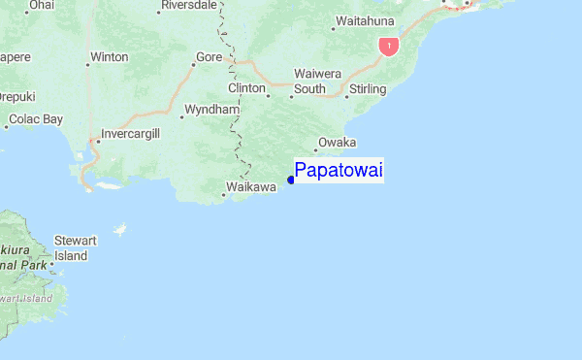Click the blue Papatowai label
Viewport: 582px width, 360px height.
tap(339, 171)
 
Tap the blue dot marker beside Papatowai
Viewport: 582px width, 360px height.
tap(291, 180)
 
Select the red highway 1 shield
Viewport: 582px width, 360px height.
tap(388, 46)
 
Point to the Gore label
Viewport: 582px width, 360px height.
tap(209, 57)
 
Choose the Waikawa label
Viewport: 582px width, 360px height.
tap(251, 187)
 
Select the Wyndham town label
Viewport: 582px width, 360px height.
tap(211, 110)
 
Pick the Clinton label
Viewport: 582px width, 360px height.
tap(246, 88)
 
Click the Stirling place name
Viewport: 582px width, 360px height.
tap(368, 89)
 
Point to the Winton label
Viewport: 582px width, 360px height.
tap(108, 57)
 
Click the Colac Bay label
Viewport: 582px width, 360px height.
tap(36, 119)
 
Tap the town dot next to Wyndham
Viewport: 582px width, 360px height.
tap(181, 116)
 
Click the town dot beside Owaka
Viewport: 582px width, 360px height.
tap(315, 150)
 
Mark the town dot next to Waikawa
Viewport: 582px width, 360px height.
tap(223, 195)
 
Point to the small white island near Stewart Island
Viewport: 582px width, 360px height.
tap(120, 230)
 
